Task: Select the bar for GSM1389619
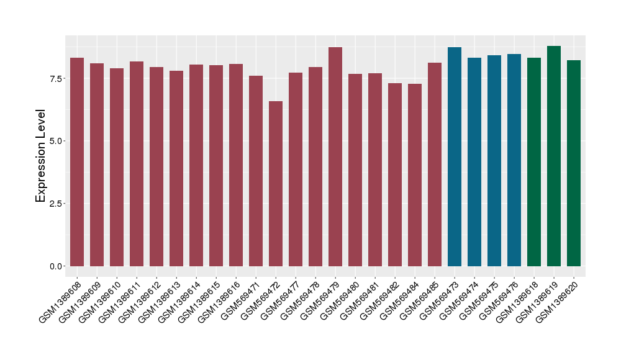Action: tap(554, 156)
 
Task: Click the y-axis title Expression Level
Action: tap(41, 156)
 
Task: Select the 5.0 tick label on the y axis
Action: tap(55, 141)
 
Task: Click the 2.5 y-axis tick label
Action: tap(55, 204)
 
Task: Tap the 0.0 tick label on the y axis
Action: tap(55, 266)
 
